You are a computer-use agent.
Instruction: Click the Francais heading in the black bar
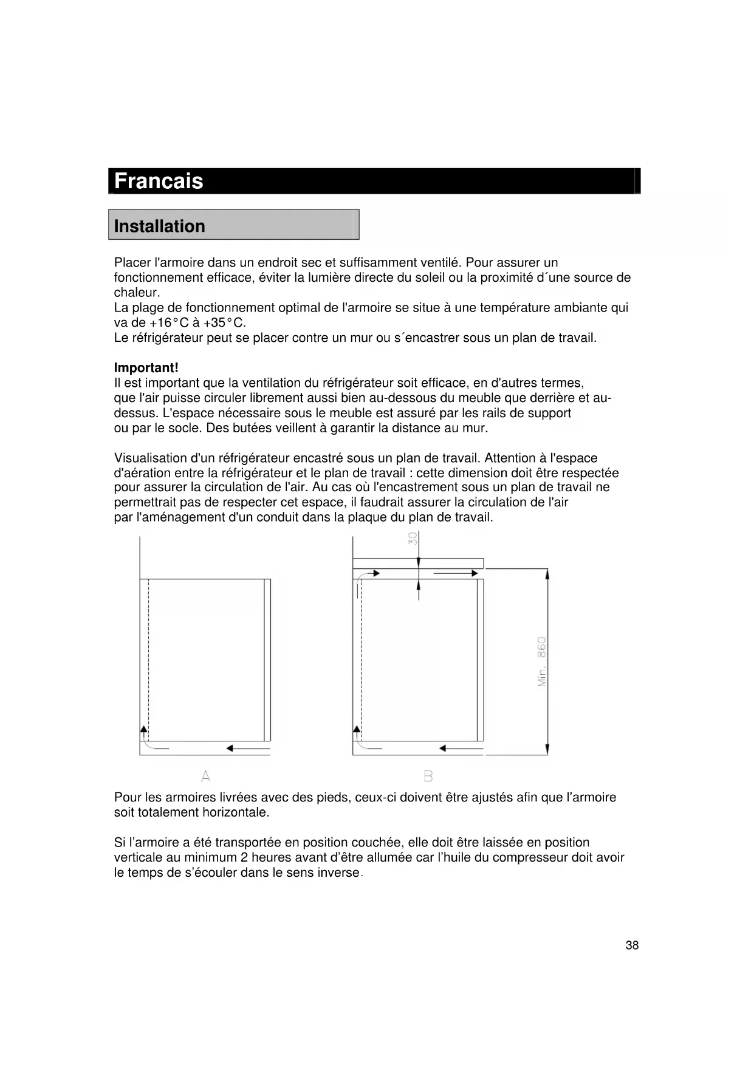(159, 181)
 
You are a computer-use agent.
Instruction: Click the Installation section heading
(159, 226)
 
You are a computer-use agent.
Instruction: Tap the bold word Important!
(146, 368)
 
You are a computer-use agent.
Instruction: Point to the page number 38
(632, 945)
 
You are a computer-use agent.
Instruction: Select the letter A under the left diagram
(206, 776)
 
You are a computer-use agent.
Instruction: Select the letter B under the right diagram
(428, 776)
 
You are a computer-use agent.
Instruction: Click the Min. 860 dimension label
(542, 662)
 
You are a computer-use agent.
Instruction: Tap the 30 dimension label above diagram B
(413, 539)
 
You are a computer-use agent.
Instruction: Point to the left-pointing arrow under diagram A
(248, 749)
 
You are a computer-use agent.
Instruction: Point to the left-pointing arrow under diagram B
(461, 749)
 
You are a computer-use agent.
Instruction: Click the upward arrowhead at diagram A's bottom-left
(144, 729)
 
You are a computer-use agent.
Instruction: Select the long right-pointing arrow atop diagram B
(456, 573)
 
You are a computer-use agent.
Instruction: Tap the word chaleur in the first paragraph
(136, 293)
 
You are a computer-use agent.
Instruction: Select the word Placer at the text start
(132, 263)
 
